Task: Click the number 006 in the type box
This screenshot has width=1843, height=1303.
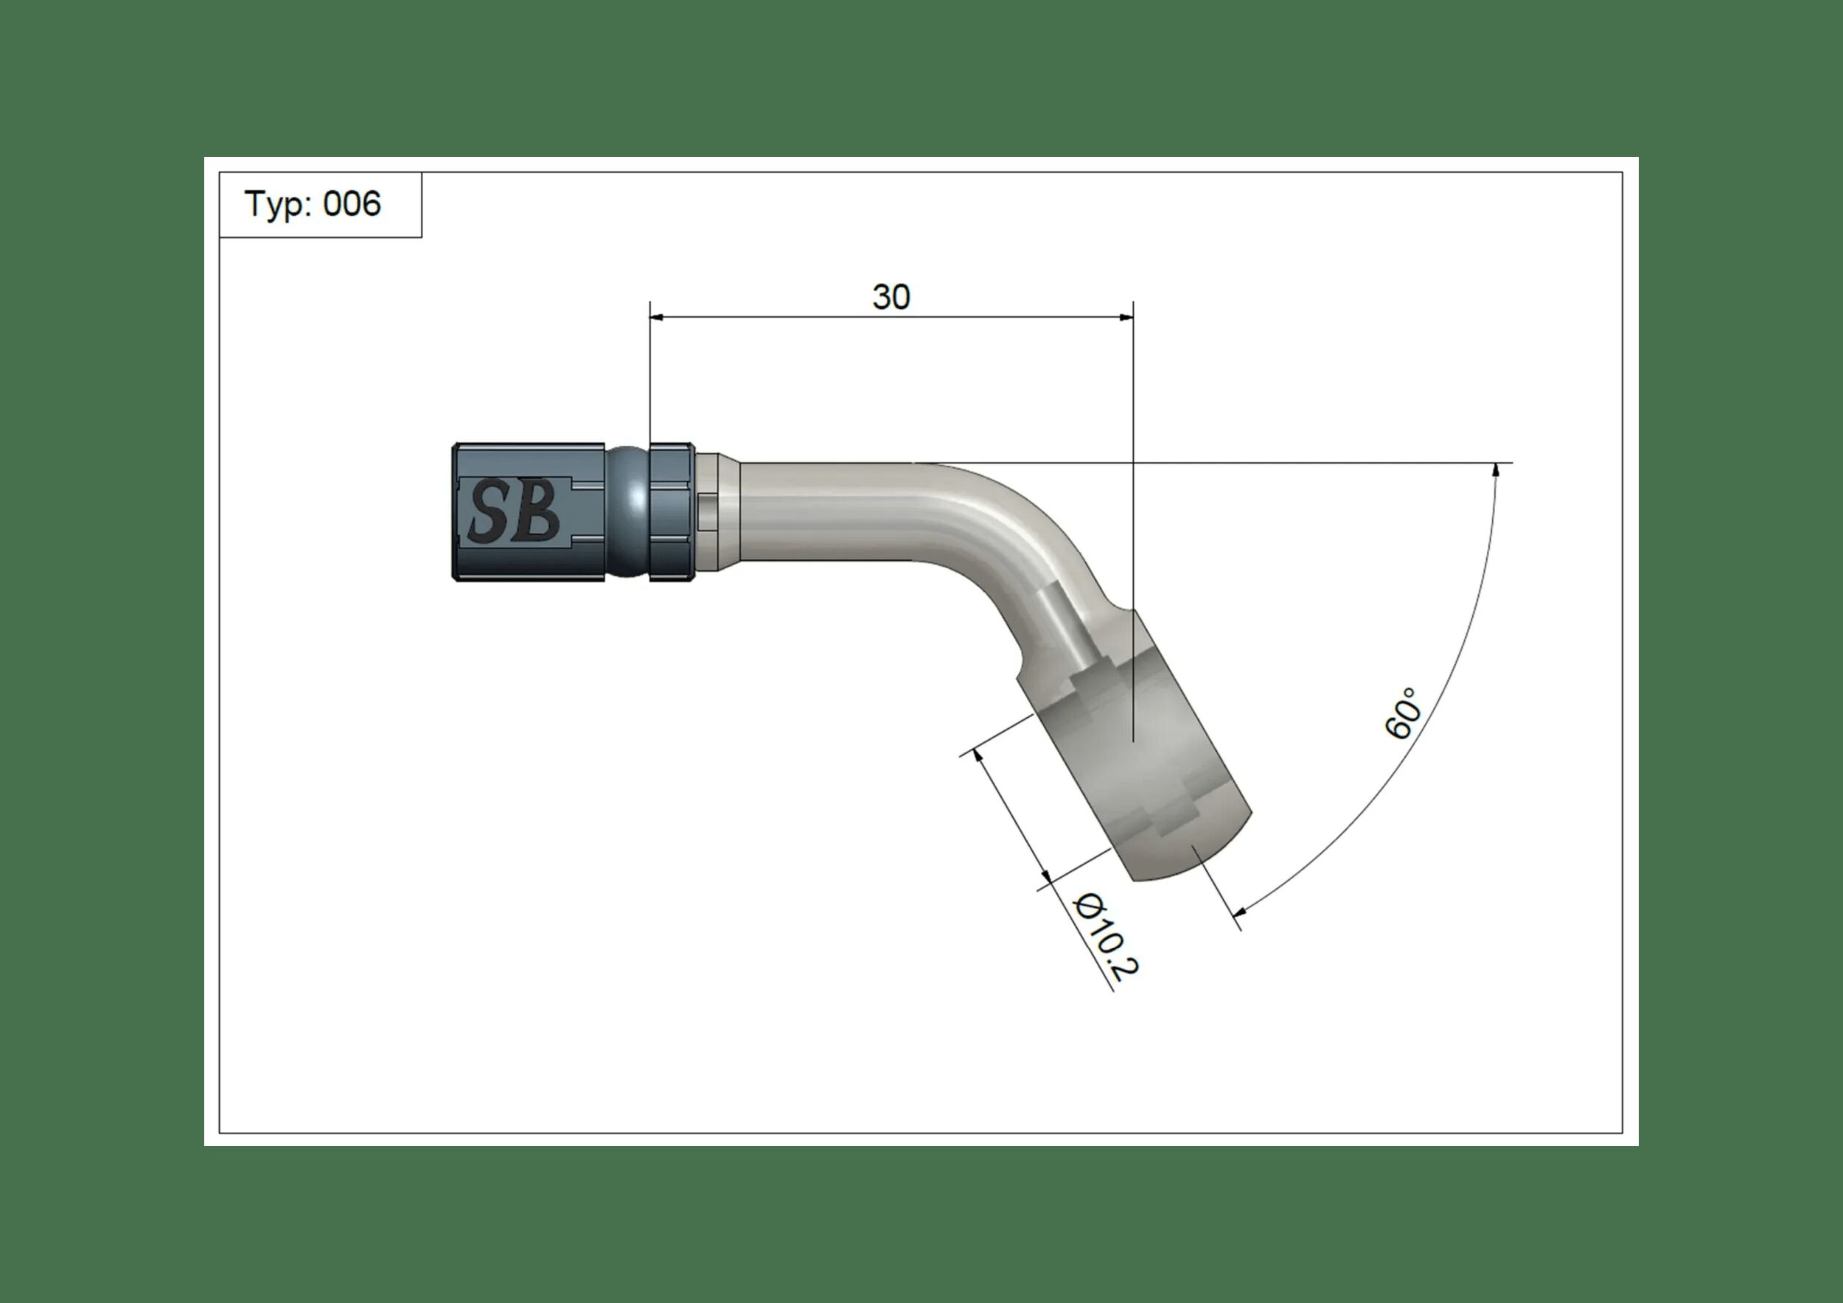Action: [352, 205]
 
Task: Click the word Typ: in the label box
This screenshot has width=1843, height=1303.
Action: [278, 205]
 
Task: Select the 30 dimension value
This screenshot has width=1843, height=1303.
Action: [891, 298]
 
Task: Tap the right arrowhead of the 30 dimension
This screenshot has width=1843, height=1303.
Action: [1126, 318]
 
